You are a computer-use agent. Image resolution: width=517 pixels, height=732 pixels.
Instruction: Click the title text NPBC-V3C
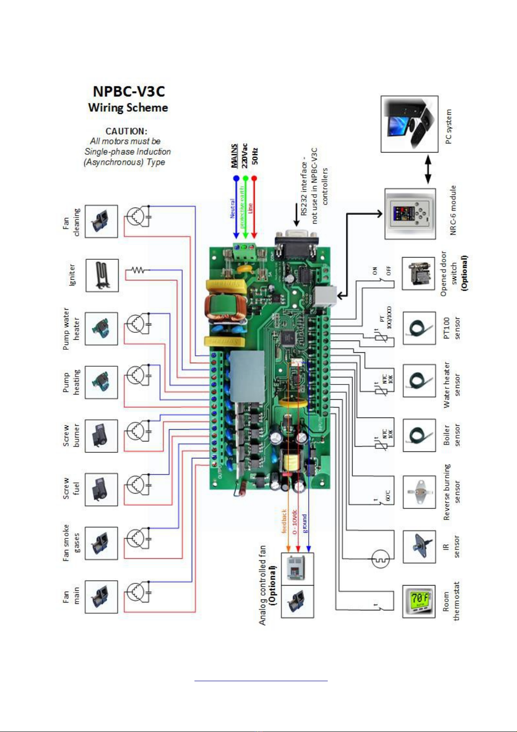coord(128,92)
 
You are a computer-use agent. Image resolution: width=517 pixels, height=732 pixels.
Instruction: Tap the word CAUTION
coord(126,131)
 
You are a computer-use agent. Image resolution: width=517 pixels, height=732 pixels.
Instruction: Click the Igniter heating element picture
coord(102,275)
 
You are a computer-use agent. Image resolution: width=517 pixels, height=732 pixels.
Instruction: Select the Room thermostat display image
coord(419,601)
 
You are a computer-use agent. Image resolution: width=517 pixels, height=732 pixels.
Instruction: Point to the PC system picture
coord(409,124)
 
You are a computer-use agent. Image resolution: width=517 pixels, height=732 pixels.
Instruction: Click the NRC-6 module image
coord(410,214)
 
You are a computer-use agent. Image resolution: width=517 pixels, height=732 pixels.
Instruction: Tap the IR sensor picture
coord(419,547)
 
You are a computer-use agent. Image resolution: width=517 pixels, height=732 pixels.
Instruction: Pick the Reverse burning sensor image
coord(419,492)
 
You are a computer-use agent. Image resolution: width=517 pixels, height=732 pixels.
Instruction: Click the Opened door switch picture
coord(418,274)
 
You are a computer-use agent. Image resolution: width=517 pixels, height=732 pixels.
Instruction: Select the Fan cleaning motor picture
coord(101,222)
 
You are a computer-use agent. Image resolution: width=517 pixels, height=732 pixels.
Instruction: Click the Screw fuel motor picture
coord(101,490)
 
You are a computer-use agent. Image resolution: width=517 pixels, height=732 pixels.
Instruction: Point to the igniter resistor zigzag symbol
coord(138,270)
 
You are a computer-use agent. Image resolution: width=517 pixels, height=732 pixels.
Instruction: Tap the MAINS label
coord(234,156)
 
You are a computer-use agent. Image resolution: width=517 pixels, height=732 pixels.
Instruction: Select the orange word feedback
coord(284,521)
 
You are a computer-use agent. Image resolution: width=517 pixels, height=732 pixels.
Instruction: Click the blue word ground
coord(305,523)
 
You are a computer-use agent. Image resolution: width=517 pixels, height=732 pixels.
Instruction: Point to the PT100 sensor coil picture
coord(419,328)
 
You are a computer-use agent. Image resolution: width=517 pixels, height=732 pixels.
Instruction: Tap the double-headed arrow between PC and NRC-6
coord(428,170)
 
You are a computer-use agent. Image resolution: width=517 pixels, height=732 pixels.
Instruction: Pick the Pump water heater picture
coord(101,329)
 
